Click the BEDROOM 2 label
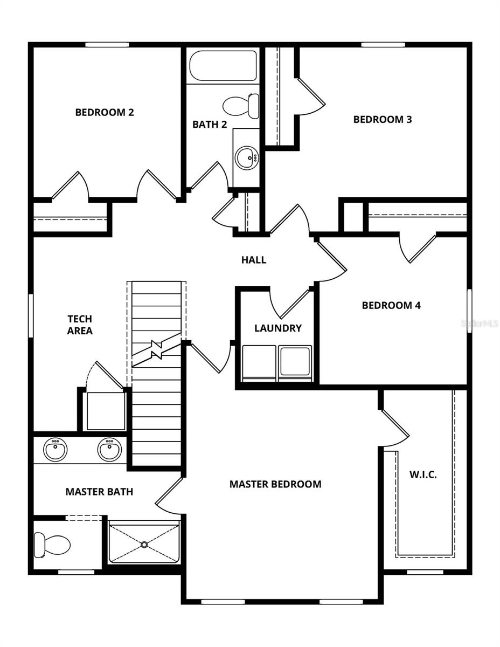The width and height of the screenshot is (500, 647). point(105,113)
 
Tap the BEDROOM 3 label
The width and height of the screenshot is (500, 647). point(383,119)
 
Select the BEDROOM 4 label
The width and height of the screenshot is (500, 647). point(391,305)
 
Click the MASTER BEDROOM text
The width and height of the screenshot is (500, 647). point(275,484)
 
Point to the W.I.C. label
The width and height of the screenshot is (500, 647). point(423,475)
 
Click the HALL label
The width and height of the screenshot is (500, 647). point(254,260)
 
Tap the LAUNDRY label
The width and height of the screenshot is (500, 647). point(278,328)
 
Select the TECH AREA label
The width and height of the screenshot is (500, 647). point(80,325)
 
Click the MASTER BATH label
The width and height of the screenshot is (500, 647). point(99,492)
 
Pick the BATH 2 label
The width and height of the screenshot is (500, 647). point(210,125)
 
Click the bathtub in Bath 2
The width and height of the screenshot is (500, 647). point(223,66)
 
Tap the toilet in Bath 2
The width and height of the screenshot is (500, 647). point(241,106)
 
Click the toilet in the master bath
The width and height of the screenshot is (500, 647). point(52,545)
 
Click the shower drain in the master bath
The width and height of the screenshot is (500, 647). point(144,544)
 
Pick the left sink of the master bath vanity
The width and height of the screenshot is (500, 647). point(55,450)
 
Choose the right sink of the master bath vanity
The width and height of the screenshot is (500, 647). point(109,450)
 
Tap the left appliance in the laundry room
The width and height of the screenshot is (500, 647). point(259,363)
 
